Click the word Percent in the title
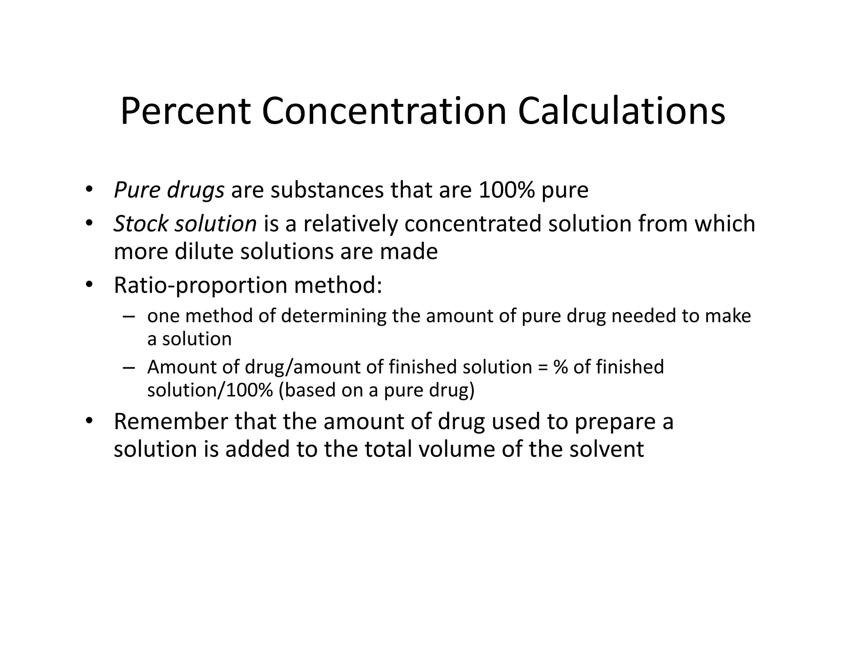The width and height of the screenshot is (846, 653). (x=185, y=111)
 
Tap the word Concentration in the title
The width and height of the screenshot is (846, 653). (x=384, y=111)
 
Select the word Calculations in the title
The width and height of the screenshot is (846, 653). (x=621, y=111)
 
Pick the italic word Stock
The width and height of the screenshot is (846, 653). (x=141, y=224)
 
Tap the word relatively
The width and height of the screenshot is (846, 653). (x=350, y=224)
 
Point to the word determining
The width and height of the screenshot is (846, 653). (x=334, y=316)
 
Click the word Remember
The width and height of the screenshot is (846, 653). (x=171, y=421)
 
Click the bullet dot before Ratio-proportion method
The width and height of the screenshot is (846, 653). (x=89, y=285)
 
